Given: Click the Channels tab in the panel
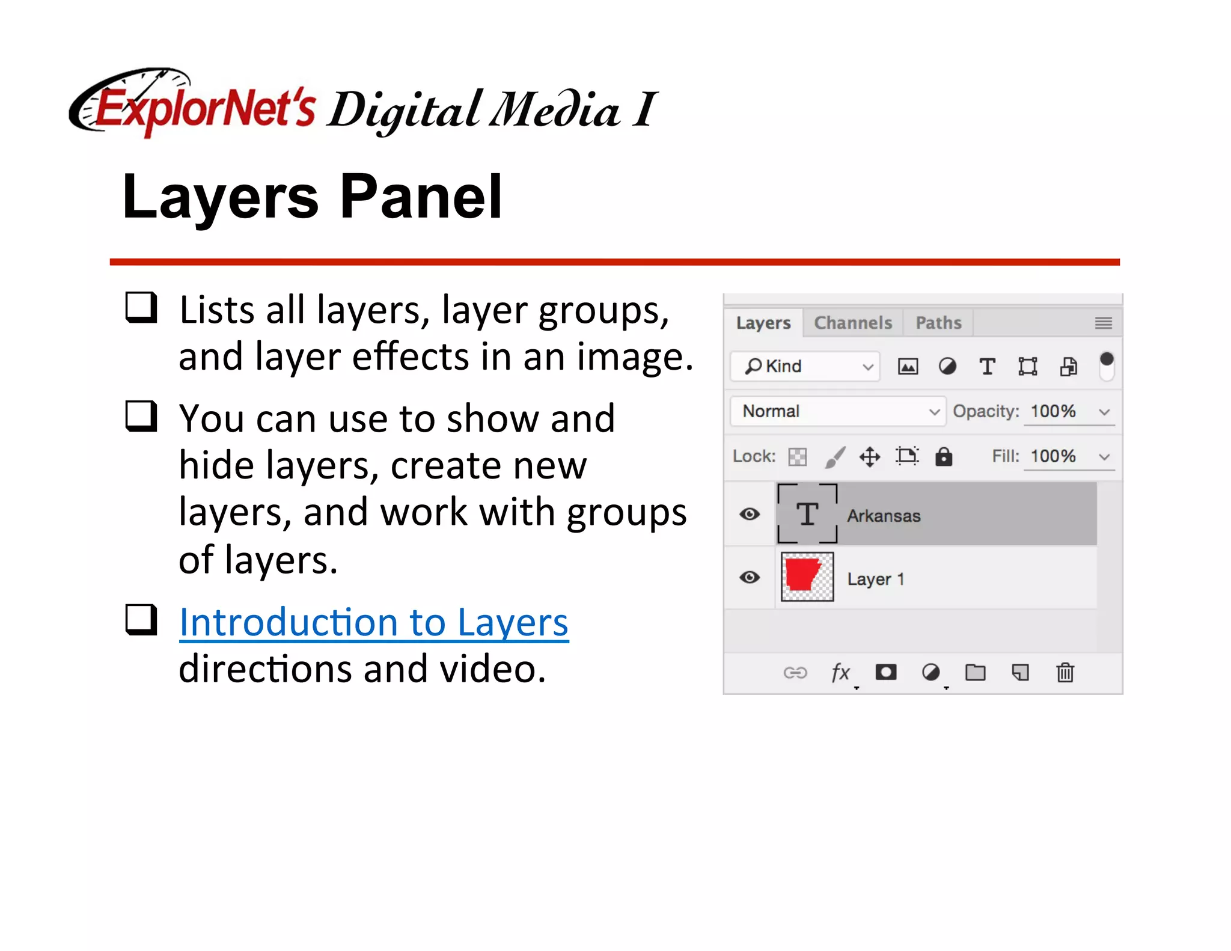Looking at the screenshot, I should point(852,323).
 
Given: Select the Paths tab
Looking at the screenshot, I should point(938,323).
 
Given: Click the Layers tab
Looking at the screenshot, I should point(763,323).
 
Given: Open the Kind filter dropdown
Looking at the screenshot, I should point(805,366).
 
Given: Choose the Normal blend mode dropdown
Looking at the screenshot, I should point(837,411).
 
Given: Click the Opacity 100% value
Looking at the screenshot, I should point(1053,411).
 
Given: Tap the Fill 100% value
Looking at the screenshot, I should point(1053,456).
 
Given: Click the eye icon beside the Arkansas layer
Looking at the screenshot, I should point(750,515).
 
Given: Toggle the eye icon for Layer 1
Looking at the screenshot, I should point(750,578).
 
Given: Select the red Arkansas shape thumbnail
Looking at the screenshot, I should point(807,577).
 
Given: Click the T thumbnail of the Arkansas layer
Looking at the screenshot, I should point(807,514).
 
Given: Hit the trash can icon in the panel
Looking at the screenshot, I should point(1065,672).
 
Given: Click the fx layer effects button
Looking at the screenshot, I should point(840,672).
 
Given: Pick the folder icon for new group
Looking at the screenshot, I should point(975,672).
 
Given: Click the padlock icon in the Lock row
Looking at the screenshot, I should point(944,457).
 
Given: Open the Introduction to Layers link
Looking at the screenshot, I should point(373,622).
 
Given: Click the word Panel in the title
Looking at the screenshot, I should point(421,197).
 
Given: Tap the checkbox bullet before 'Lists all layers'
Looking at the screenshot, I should point(141,308).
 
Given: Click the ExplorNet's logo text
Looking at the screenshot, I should point(204,108).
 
